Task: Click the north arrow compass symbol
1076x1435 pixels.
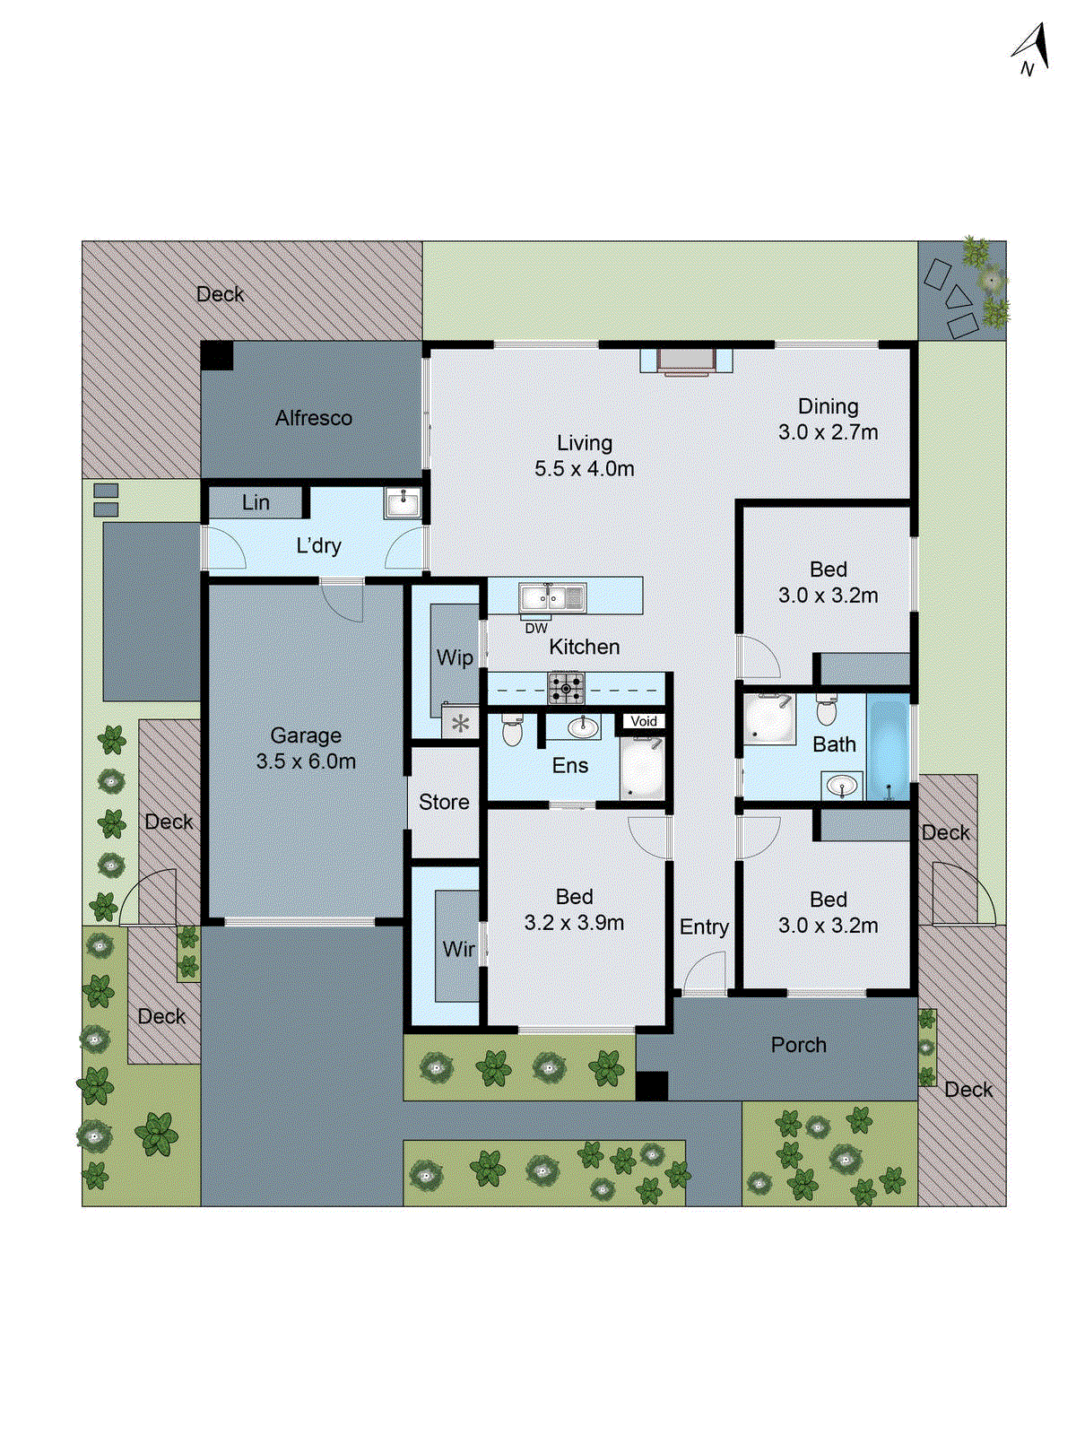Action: click(1033, 49)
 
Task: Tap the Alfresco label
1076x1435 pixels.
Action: click(313, 418)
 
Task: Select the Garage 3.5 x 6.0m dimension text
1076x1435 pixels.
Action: click(306, 761)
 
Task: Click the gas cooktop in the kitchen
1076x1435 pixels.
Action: click(566, 689)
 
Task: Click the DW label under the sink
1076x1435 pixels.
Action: click(536, 629)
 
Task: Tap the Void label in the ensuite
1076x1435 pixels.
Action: click(644, 721)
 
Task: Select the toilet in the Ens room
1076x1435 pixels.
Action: click(512, 730)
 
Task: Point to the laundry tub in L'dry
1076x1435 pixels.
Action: click(402, 503)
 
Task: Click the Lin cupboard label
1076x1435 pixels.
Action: click(256, 502)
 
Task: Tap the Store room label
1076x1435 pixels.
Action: click(444, 802)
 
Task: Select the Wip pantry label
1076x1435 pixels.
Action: click(455, 657)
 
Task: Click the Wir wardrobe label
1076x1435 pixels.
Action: click(458, 948)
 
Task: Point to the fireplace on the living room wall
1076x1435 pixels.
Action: click(686, 361)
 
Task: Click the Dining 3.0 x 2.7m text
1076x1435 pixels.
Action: click(828, 419)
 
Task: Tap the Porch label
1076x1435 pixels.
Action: click(798, 1045)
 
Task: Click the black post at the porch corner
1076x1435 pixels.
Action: click(652, 1086)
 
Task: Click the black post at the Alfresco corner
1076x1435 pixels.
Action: click(216, 355)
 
